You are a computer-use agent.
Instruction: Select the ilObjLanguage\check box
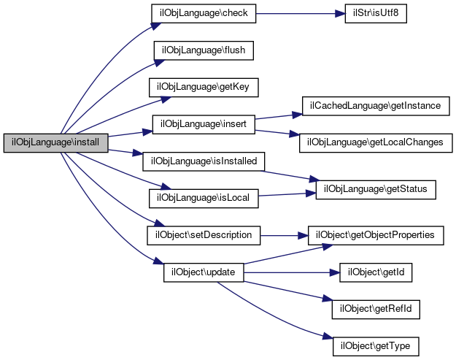[202, 15]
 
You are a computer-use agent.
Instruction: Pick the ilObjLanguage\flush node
[202, 50]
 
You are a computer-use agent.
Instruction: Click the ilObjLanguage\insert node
[203, 124]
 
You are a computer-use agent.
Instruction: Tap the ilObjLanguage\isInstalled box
[204, 160]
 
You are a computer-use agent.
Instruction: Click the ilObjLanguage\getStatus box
[375, 189]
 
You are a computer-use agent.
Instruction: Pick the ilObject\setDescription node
[204, 235]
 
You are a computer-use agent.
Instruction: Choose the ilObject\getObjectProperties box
[376, 235]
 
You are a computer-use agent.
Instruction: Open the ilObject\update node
[202, 272]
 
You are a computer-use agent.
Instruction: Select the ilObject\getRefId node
[377, 307]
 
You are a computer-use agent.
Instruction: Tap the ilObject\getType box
[376, 343]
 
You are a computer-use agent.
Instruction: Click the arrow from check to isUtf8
[299, 15]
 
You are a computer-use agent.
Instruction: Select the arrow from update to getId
[292, 272]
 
